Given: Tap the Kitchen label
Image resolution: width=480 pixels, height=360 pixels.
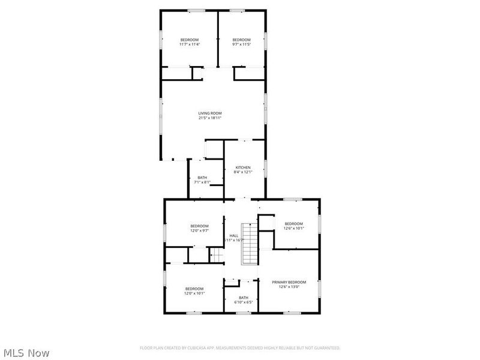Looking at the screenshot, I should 242,167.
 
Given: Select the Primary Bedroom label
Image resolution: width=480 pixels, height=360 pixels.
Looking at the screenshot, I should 289,282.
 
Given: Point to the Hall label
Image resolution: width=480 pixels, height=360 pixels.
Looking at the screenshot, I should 234,236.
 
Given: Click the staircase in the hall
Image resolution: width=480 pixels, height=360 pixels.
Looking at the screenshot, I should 249,246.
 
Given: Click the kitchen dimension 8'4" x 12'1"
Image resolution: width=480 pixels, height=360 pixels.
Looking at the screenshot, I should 242,172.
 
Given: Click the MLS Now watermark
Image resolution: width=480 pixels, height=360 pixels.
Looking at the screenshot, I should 27,353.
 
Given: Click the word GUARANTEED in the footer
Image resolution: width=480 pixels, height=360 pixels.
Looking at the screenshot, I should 326,348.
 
